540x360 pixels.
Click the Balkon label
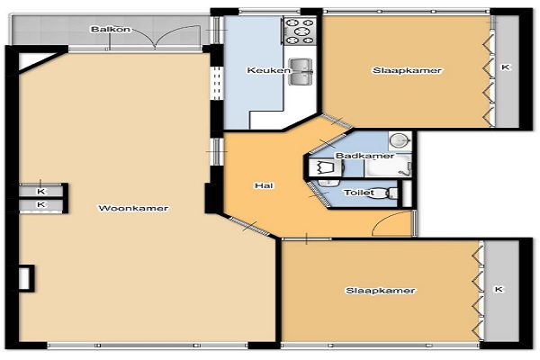click(x=111, y=30)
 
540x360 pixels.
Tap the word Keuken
click(x=268, y=70)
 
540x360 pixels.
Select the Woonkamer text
click(x=133, y=208)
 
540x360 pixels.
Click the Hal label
click(x=264, y=185)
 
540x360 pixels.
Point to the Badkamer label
click(x=364, y=156)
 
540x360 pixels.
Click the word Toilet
click(x=359, y=193)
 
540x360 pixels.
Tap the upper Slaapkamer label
click(x=407, y=70)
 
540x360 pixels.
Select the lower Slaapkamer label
click(x=380, y=291)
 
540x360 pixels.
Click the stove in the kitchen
click(x=301, y=31)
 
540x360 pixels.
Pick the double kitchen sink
click(x=301, y=71)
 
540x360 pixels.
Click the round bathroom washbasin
click(x=400, y=140)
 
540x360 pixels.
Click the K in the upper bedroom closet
click(x=505, y=67)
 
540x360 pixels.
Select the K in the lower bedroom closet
click(x=499, y=289)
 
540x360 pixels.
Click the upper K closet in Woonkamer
click(x=41, y=191)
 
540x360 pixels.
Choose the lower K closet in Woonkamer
click(x=41, y=204)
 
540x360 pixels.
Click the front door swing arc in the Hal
click(x=386, y=218)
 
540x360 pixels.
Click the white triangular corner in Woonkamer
click(x=32, y=59)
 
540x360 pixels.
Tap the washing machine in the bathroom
click(x=325, y=167)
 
